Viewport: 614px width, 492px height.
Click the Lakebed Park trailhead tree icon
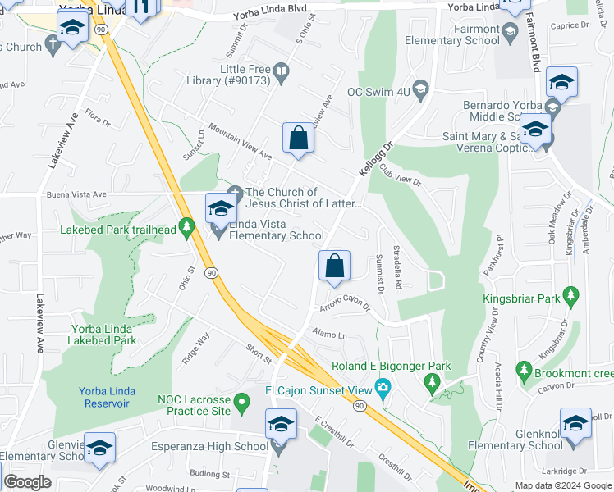coord(187,225)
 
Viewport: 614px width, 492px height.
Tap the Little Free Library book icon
coord(282,71)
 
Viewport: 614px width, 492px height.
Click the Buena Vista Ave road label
coord(77,194)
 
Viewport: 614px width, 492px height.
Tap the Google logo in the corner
coord(28,482)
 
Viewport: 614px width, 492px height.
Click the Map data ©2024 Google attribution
coord(562,485)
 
